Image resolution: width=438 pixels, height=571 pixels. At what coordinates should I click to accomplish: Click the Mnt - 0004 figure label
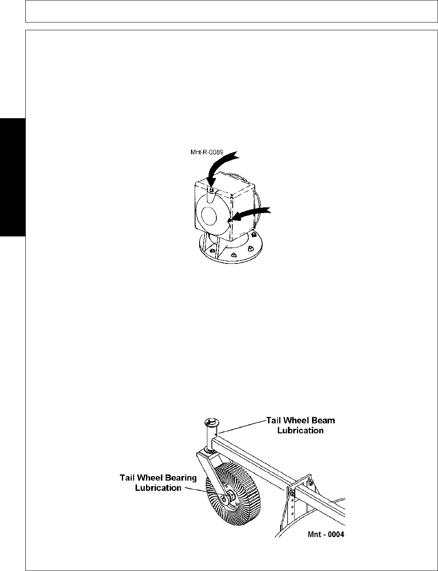(x=326, y=534)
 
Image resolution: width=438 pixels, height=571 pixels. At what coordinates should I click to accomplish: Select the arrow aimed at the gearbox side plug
(x=254, y=212)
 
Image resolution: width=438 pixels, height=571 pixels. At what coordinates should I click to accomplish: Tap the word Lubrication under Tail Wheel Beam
(x=300, y=430)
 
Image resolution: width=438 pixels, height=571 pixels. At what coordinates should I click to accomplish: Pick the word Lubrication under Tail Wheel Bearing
(x=158, y=488)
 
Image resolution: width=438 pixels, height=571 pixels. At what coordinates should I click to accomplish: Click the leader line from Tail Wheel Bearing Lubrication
(x=194, y=488)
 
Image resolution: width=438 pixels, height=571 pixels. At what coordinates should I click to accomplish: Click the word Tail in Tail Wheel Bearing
(x=128, y=478)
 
